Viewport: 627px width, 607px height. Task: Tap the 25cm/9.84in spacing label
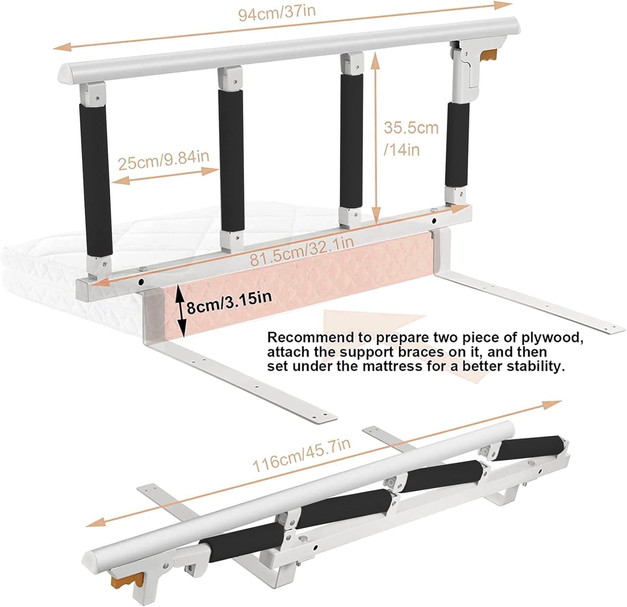[x=164, y=160]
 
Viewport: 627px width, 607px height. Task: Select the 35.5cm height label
[x=411, y=128]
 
